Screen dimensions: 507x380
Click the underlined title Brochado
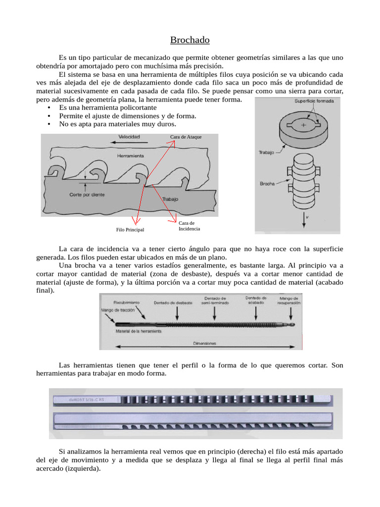[x=190, y=40]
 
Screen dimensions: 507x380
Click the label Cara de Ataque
[x=186, y=137]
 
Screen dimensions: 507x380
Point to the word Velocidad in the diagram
[x=129, y=136]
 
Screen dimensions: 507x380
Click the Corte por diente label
[x=87, y=195]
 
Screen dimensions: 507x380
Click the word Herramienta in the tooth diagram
[x=131, y=155]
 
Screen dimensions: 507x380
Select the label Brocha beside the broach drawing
[x=268, y=184]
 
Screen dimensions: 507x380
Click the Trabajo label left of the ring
[x=266, y=152]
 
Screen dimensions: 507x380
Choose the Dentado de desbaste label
[x=173, y=303]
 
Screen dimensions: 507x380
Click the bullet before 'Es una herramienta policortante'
[x=49, y=107]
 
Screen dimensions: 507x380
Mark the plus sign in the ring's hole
[x=303, y=126]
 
